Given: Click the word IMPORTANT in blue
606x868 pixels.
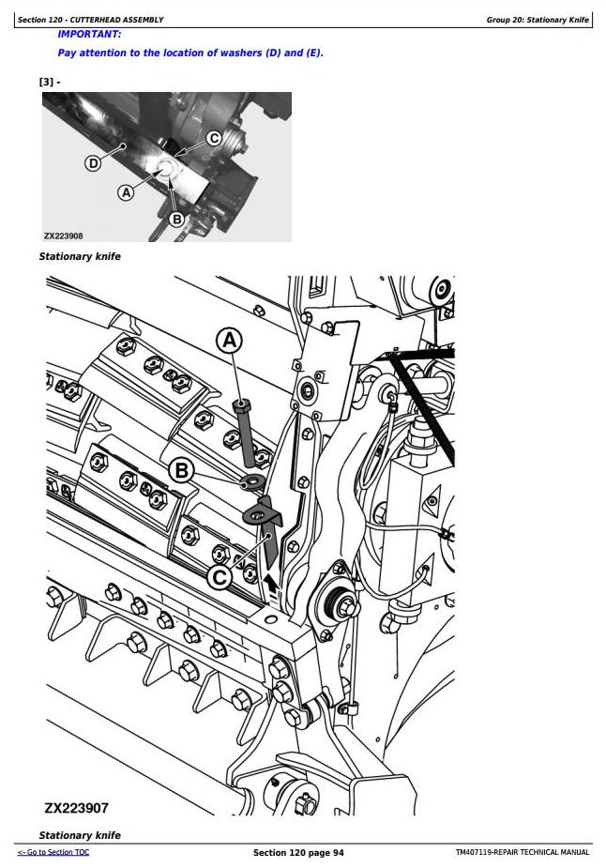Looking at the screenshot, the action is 88,35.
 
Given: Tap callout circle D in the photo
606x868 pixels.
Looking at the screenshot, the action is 93,163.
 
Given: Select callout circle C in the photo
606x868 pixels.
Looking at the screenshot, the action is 214,138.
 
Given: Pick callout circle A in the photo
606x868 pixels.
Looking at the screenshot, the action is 127,192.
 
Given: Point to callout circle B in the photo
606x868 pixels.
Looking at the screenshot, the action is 176,220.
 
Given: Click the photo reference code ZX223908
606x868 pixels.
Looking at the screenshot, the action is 64,236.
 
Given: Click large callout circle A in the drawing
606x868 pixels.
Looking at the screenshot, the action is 229,341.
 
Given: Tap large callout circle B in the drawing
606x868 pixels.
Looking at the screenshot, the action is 182,470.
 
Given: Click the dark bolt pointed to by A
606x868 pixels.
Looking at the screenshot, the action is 245,433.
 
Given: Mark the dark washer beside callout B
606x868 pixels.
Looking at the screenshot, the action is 253,481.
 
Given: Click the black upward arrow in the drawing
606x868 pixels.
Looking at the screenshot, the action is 270,582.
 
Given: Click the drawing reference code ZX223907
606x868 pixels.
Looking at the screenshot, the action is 76,808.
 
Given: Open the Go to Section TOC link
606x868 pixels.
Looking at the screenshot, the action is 53,852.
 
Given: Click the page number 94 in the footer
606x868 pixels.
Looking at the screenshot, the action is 338,852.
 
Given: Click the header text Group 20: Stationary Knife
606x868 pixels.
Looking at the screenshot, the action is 538,20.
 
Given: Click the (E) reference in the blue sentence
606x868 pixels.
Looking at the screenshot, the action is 314,53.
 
